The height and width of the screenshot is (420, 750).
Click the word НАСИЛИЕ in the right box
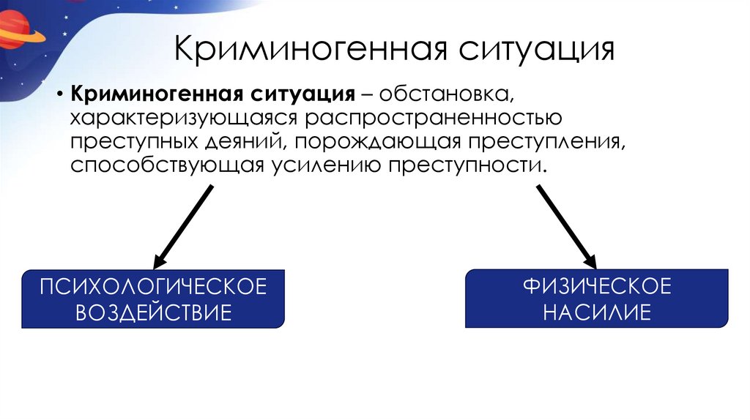coord(597,312)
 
